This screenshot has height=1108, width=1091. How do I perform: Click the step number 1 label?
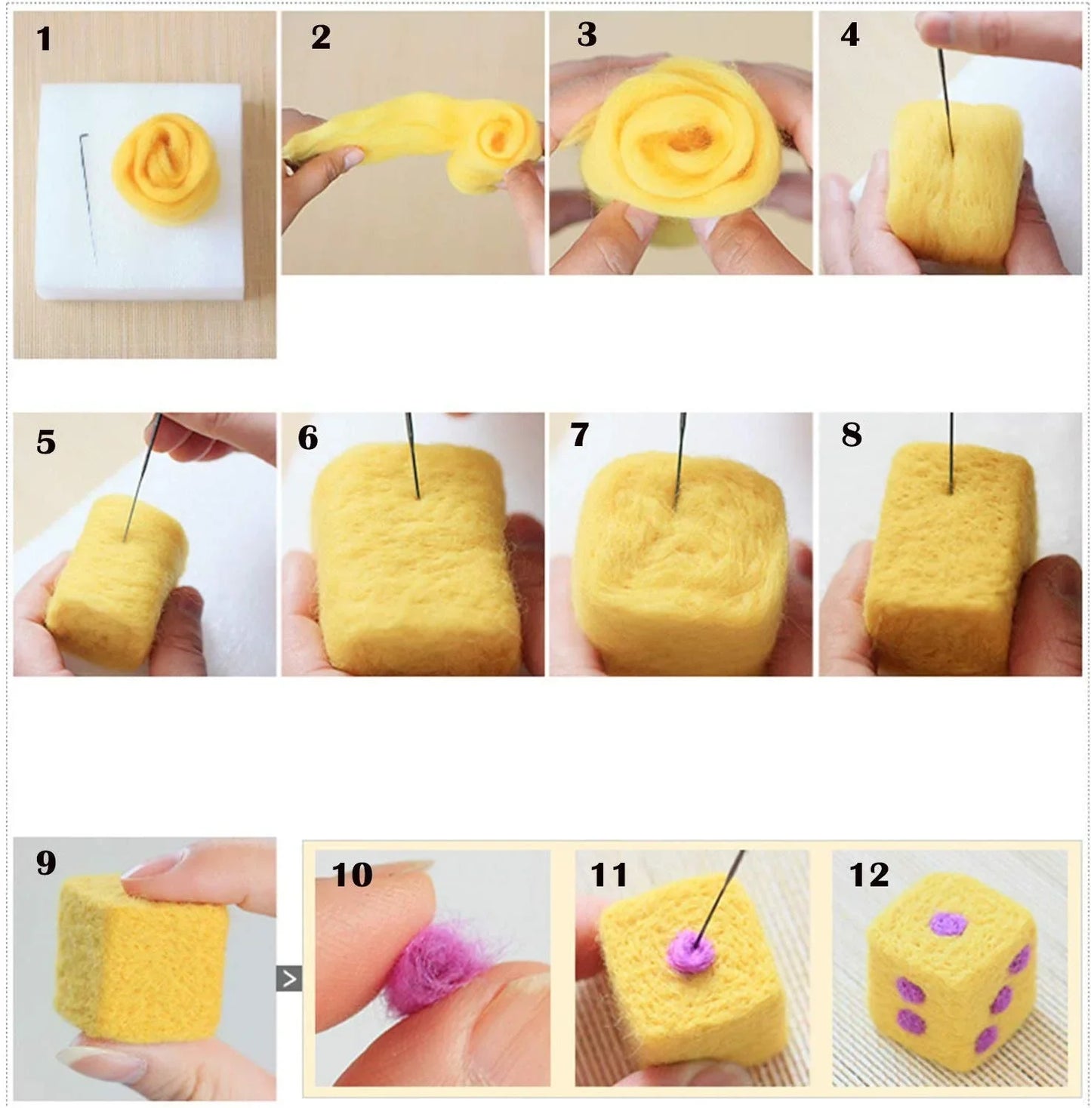pos(44,39)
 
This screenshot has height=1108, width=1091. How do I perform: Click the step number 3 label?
pos(587,35)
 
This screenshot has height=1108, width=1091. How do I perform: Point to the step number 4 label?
pos(849,35)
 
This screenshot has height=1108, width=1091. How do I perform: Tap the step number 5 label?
pos(45,442)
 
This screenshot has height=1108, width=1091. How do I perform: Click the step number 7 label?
pos(579,435)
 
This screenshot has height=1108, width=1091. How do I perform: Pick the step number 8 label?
pos(851,435)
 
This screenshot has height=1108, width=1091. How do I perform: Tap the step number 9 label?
pos(45,863)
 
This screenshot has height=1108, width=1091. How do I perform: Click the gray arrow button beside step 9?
pos(288,978)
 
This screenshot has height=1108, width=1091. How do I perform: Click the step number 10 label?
pos(352,875)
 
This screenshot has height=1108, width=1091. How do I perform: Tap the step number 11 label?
pos(609,875)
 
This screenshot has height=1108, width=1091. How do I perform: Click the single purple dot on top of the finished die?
pos(948,924)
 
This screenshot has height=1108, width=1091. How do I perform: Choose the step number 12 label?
pos(868,875)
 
